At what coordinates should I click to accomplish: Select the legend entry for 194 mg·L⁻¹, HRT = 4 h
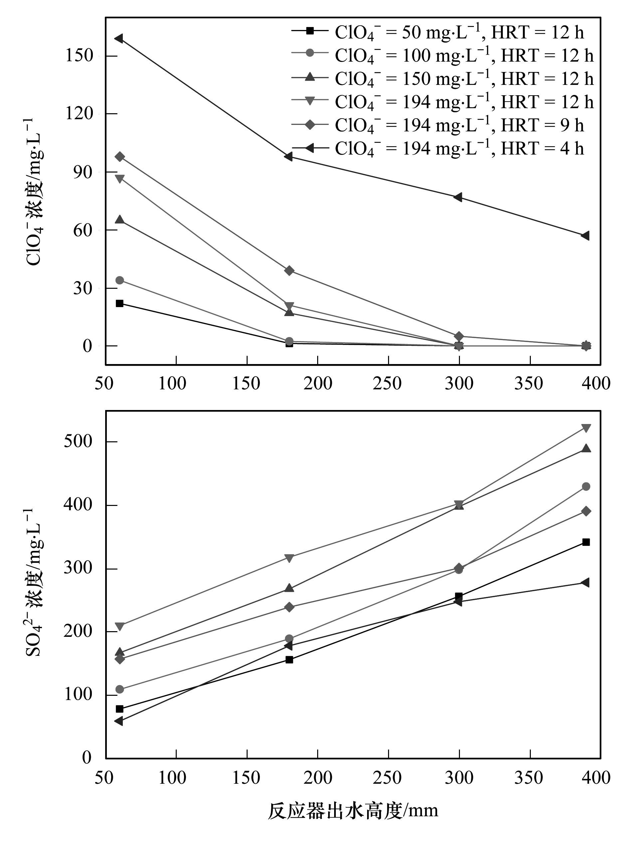[x=437, y=148]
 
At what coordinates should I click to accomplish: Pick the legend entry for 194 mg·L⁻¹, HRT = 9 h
[x=437, y=125]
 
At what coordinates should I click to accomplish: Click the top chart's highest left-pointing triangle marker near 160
[x=119, y=38]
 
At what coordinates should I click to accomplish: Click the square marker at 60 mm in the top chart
[x=119, y=303]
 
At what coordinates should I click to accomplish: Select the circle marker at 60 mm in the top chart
[x=119, y=280]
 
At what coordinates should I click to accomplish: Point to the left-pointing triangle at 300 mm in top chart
[x=458, y=197]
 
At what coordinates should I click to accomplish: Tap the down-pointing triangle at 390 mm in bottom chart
[x=586, y=428]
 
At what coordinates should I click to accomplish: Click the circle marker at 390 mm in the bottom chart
[x=586, y=487]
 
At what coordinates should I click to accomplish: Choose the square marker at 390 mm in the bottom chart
[x=586, y=542]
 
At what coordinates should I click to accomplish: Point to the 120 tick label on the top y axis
[x=79, y=114]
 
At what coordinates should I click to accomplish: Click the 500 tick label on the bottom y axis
[x=78, y=442]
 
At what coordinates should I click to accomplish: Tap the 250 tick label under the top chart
[x=387, y=383]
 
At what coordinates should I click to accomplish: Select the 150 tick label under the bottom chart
[x=246, y=778]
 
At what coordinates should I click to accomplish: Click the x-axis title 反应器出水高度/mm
[x=353, y=811]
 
